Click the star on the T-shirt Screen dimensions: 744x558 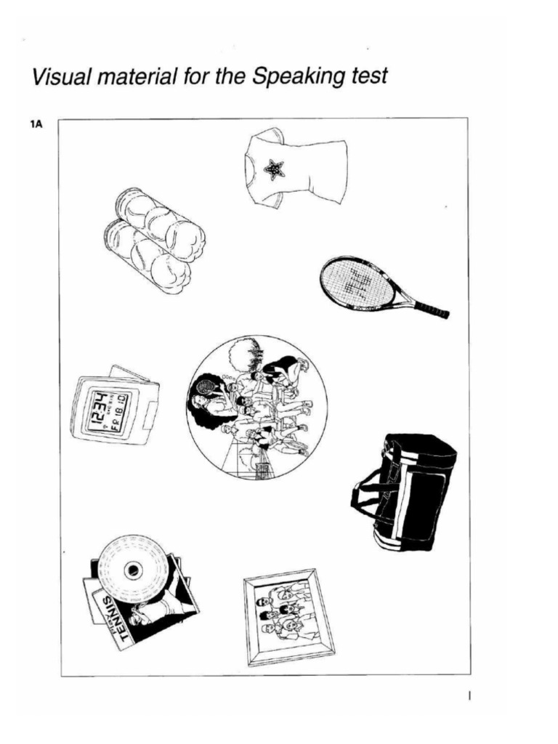click(274, 169)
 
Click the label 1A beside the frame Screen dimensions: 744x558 click(36, 125)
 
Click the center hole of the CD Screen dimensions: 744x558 click(133, 570)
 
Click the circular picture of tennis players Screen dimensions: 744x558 click(256, 408)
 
